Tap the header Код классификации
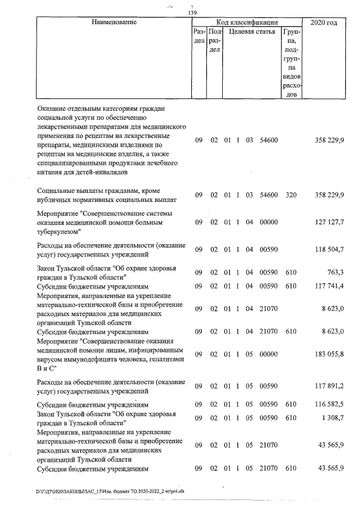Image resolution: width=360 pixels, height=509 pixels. pyautogui.click(x=246, y=22)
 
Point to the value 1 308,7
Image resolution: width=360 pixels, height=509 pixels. pyautogui.click(x=332, y=417)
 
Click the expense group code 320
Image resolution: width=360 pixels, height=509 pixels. pyautogui.click(x=291, y=195)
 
